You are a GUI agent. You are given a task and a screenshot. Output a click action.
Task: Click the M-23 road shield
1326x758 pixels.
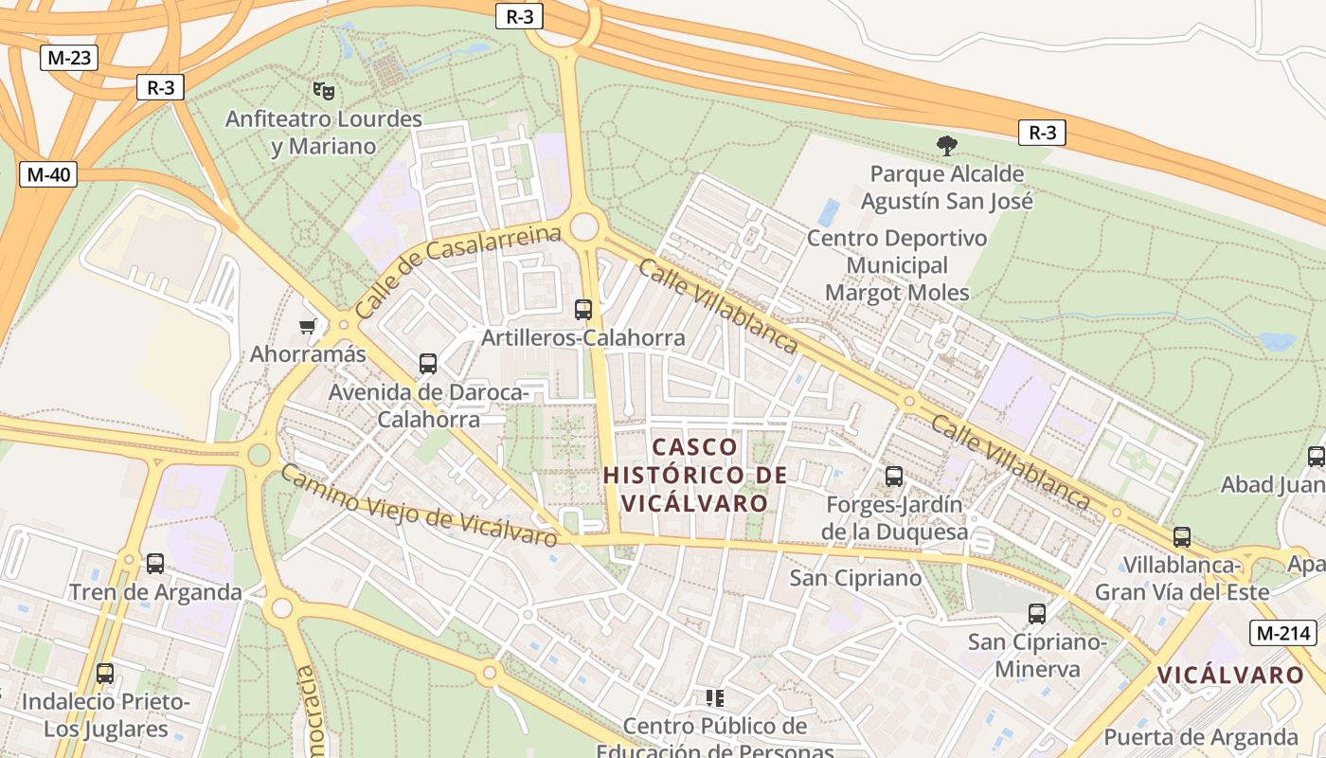(x=69, y=58)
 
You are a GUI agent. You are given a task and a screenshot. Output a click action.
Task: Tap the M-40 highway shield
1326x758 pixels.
(x=48, y=174)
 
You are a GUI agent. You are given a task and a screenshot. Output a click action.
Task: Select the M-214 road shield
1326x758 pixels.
(x=1281, y=634)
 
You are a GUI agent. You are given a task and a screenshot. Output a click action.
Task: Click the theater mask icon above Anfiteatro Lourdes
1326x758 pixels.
(x=324, y=91)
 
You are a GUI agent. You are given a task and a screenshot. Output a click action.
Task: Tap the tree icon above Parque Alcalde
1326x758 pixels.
(x=946, y=145)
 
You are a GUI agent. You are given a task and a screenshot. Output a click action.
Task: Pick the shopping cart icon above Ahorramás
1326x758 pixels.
(x=307, y=327)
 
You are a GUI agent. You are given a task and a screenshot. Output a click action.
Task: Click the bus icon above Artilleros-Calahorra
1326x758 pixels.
(x=583, y=309)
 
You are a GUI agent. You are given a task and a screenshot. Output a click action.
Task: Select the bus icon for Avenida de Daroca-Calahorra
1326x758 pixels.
(x=428, y=363)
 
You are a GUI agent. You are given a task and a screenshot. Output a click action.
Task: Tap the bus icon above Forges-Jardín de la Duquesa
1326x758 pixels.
(x=894, y=476)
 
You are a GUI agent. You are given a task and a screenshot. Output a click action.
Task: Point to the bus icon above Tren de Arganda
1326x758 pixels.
(x=155, y=564)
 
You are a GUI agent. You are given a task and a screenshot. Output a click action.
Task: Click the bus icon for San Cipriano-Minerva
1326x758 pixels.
(x=1037, y=613)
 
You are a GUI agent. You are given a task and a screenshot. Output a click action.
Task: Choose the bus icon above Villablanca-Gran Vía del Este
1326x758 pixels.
(x=1182, y=537)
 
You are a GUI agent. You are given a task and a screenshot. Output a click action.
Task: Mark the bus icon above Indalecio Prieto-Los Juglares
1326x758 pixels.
(x=105, y=674)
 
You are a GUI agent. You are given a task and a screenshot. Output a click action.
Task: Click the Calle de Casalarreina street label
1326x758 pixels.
(x=458, y=272)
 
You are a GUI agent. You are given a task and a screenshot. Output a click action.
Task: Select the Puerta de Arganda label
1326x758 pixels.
(x=1200, y=736)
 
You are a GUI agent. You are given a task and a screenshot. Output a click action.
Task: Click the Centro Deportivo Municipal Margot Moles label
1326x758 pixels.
(x=897, y=265)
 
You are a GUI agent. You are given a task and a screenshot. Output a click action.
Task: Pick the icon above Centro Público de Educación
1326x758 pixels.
(x=715, y=698)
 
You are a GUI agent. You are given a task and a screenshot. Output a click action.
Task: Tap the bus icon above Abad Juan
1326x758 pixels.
(x=1316, y=457)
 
